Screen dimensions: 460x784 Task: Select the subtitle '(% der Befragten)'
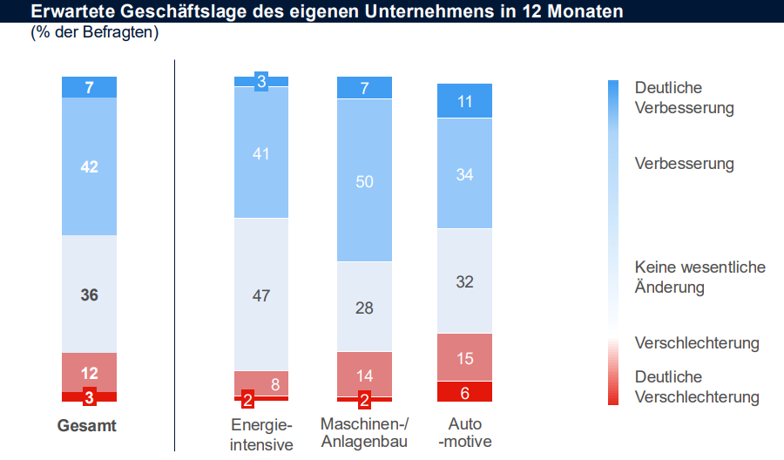pos(95,33)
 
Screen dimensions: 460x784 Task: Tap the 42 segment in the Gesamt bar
pos(89,166)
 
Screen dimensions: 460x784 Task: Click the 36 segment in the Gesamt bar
pos(89,294)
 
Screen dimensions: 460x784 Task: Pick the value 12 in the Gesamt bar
pos(89,373)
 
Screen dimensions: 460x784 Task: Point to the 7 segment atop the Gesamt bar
pos(89,87)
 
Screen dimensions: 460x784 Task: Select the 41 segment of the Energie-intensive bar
pos(261,153)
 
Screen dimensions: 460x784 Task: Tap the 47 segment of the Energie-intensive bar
pos(261,295)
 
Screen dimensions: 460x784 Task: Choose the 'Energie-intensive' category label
pos(261,434)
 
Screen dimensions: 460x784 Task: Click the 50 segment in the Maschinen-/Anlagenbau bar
pos(365,181)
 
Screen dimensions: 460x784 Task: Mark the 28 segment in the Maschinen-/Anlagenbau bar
pos(365,307)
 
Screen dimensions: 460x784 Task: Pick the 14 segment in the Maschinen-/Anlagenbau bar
pos(365,375)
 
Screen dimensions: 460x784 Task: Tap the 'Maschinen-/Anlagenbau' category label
pos(365,433)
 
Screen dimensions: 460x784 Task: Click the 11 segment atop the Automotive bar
pos(465,101)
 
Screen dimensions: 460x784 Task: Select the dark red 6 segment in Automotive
pos(465,392)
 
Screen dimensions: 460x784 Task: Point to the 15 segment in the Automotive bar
pos(465,357)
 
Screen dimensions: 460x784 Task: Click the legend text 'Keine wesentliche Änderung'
pos(700,277)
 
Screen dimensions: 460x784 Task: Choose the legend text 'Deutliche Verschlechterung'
pos(697,388)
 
